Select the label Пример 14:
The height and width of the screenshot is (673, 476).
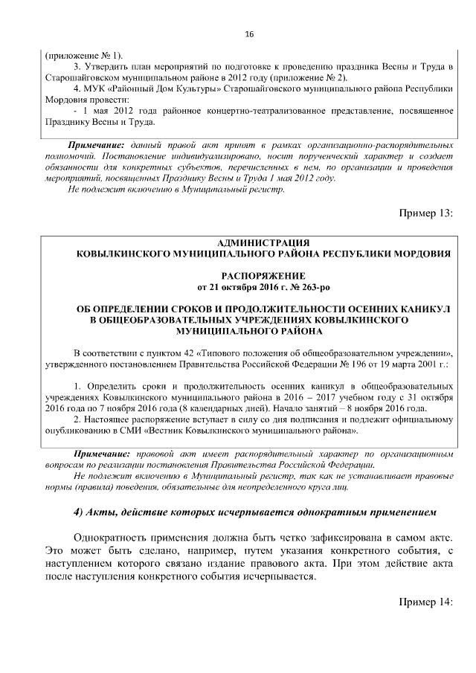(426, 601)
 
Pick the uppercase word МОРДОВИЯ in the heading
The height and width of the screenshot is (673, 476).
(421, 254)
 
